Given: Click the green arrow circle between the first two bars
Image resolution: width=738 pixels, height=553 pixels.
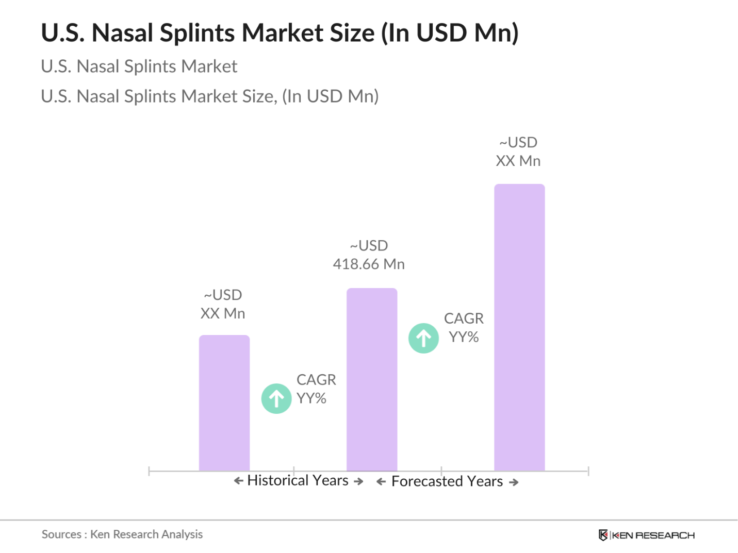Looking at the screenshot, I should pyautogui.click(x=276, y=398).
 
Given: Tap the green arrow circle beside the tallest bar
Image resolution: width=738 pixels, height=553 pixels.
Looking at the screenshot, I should pyautogui.click(x=423, y=338).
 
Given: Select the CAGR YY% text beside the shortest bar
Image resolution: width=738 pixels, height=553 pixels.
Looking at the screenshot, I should pyautogui.click(x=315, y=389).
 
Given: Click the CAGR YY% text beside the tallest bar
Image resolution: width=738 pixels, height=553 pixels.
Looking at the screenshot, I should pyautogui.click(x=463, y=328).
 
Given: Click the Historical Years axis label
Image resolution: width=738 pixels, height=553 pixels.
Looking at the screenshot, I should pyautogui.click(x=298, y=480).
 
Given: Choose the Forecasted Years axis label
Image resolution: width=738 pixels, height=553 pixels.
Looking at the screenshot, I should pyautogui.click(x=447, y=481).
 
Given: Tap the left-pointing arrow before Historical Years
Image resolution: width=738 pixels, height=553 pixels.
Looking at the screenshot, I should pyautogui.click(x=238, y=481).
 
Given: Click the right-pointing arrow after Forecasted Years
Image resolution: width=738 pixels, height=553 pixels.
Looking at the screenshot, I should pyautogui.click(x=514, y=482).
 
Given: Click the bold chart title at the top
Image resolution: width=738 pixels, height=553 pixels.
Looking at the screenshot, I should pyautogui.click(x=280, y=33).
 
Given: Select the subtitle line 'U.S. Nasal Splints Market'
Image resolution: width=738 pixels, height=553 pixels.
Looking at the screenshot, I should pyautogui.click(x=139, y=66).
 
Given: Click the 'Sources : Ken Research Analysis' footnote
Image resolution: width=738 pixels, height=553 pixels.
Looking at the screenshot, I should pyautogui.click(x=122, y=534).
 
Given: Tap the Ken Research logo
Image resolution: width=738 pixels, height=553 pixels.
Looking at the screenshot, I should pyautogui.click(x=647, y=535).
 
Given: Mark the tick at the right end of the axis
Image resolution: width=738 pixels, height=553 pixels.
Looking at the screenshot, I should pyautogui.click(x=588, y=471).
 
